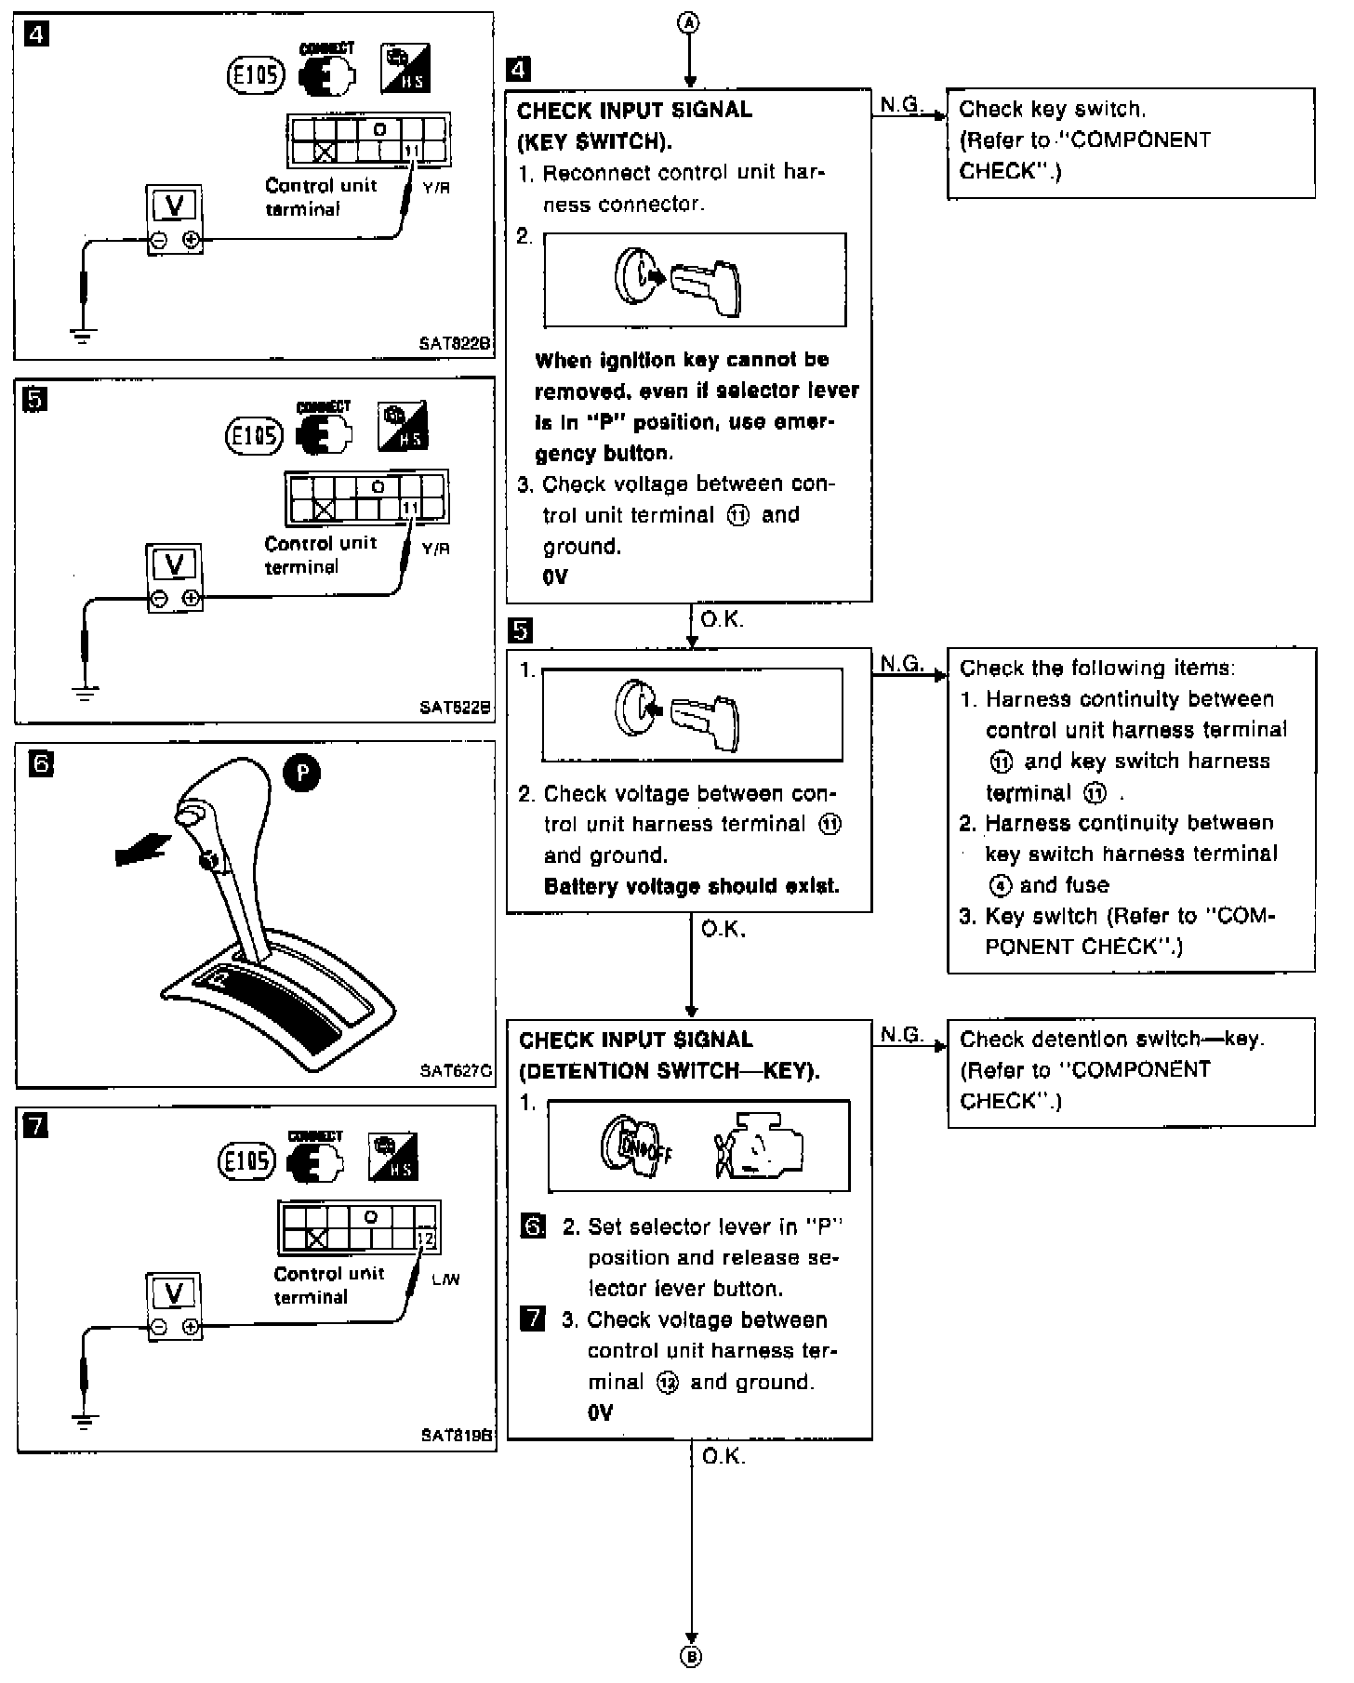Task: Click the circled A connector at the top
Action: (x=690, y=24)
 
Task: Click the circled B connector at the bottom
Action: (x=692, y=1655)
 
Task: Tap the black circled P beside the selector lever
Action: (x=301, y=774)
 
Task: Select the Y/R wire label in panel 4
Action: (x=435, y=188)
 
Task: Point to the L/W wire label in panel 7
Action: (x=445, y=1279)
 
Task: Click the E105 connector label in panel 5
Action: (x=254, y=435)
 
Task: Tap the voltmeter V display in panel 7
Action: (x=174, y=1292)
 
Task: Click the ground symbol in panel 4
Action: (x=83, y=336)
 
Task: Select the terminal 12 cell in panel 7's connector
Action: (x=426, y=1239)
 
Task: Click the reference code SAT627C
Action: (x=455, y=1069)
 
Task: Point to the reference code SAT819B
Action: (x=456, y=1435)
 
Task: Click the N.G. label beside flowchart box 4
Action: (x=899, y=105)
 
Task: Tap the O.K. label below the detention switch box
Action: (x=723, y=1456)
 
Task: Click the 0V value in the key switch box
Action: (x=555, y=577)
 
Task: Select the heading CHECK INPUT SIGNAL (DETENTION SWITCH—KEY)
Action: (x=669, y=1055)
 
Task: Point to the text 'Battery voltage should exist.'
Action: (x=691, y=886)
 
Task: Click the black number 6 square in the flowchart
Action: (x=533, y=1227)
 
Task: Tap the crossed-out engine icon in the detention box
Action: (x=758, y=1146)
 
